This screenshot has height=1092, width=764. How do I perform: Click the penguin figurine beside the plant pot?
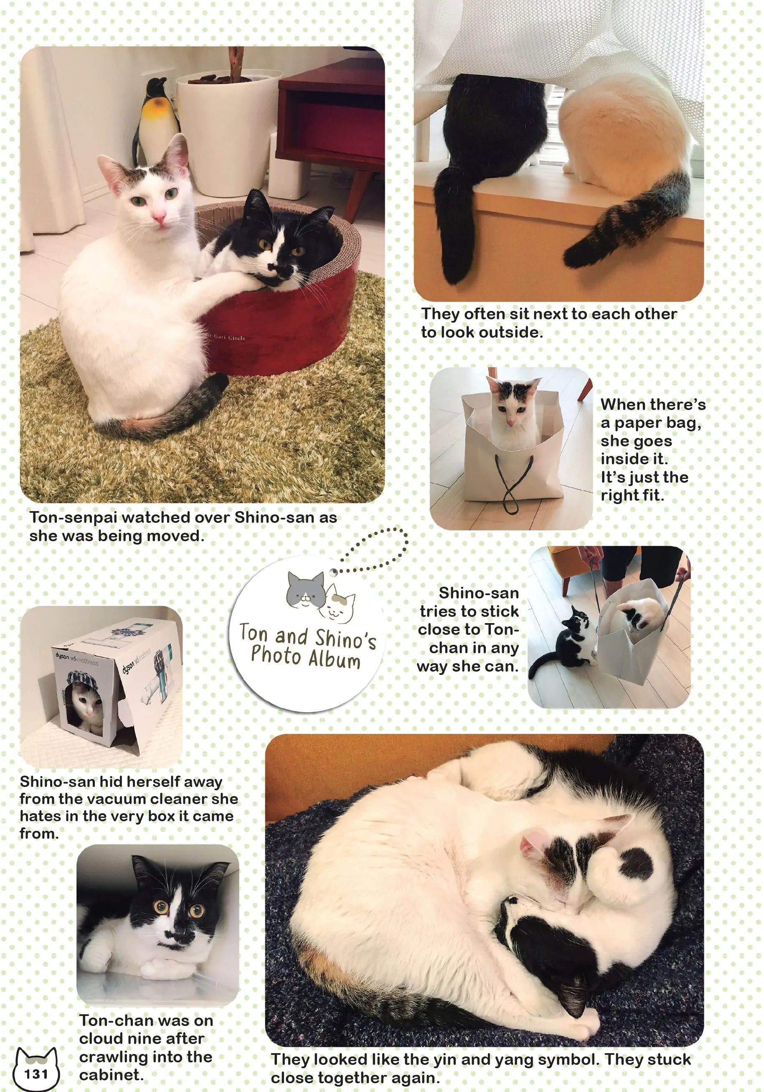tap(155, 119)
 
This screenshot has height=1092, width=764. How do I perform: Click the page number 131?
tap(36, 1074)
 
